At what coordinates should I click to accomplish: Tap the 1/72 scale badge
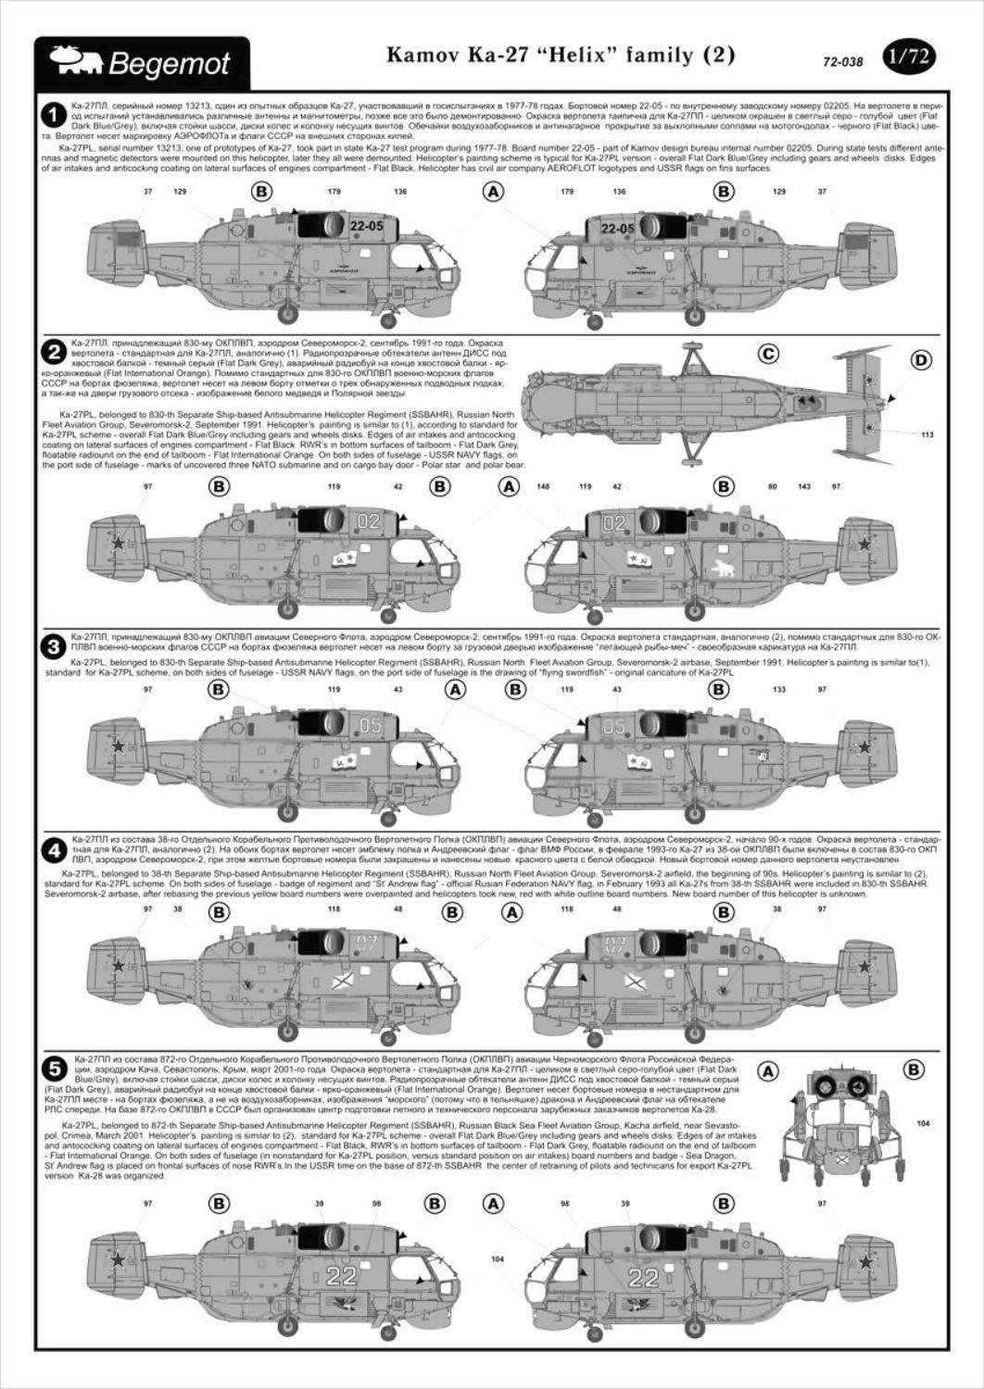pyautogui.click(x=908, y=57)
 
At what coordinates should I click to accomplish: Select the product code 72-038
pyautogui.click(x=842, y=63)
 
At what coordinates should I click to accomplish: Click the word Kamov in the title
pyautogui.click(x=420, y=56)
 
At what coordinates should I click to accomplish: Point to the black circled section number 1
pyautogui.click(x=54, y=115)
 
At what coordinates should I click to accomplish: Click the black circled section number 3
pyautogui.click(x=54, y=646)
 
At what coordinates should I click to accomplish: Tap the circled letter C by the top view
pyautogui.click(x=768, y=354)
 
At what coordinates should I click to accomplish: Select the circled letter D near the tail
pyautogui.click(x=921, y=360)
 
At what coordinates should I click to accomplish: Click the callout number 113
pyautogui.click(x=927, y=433)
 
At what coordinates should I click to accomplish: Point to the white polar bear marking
pyautogui.click(x=722, y=569)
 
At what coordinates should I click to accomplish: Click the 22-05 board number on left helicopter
pyautogui.click(x=367, y=226)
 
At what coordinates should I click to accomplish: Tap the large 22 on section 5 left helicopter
pyautogui.click(x=341, y=1276)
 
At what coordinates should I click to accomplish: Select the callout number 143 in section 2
pyautogui.click(x=803, y=486)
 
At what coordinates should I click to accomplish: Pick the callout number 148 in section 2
pyautogui.click(x=543, y=486)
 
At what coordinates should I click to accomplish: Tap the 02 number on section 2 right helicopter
pyautogui.click(x=614, y=522)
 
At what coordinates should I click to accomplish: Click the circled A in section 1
pyautogui.click(x=494, y=191)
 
